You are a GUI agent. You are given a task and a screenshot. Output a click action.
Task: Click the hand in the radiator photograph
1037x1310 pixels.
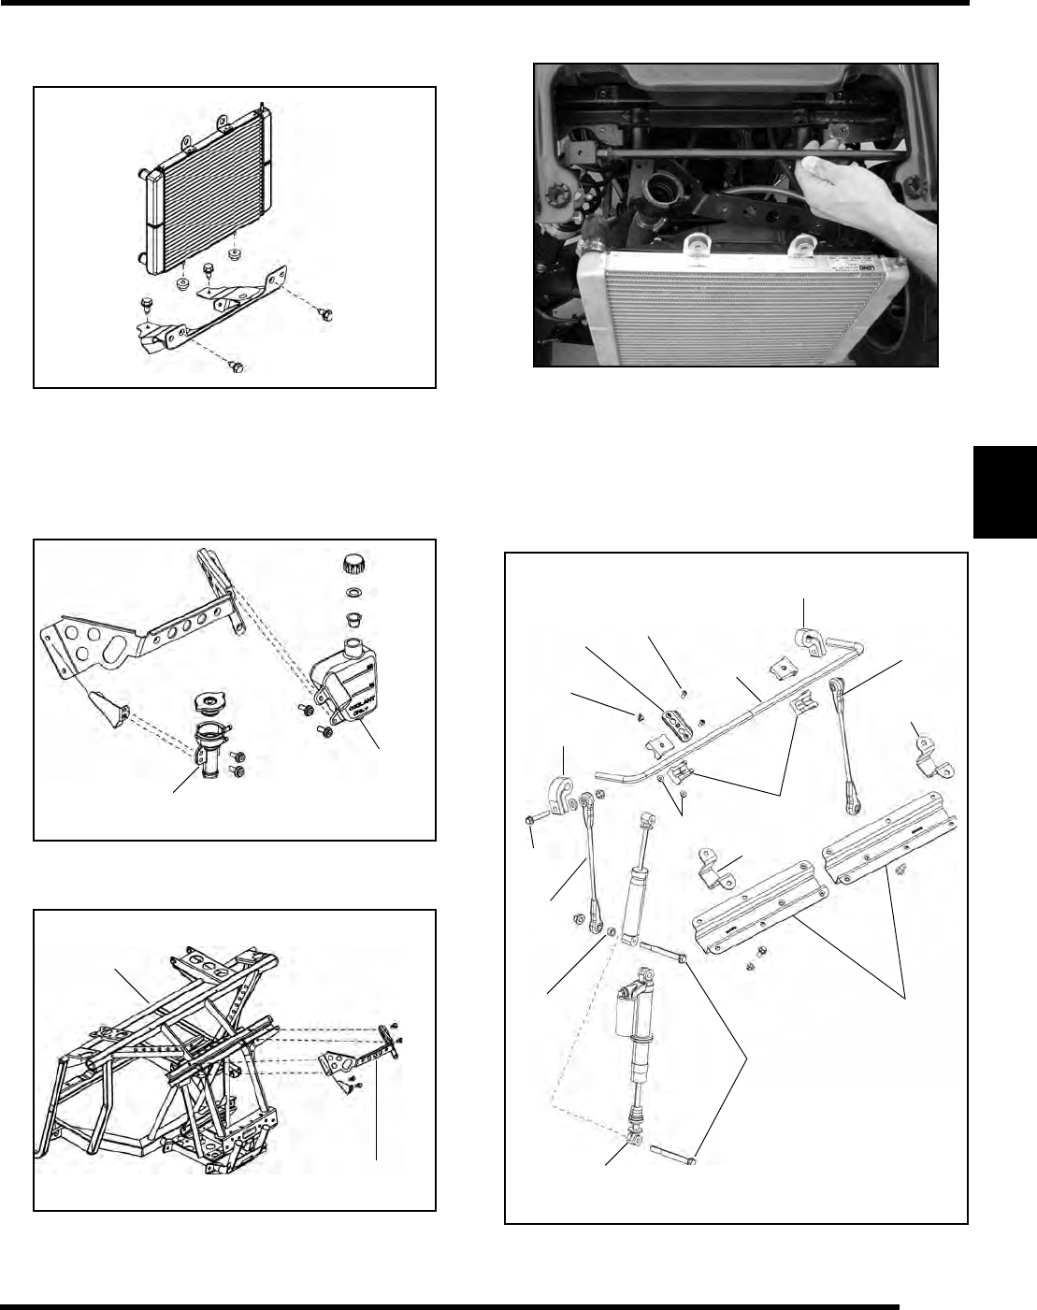click(x=846, y=187)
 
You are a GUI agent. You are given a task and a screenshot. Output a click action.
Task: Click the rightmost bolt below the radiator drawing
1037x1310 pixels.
click(x=324, y=313)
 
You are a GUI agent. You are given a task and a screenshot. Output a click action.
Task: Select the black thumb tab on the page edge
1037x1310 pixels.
click(x=1005, y=492)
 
